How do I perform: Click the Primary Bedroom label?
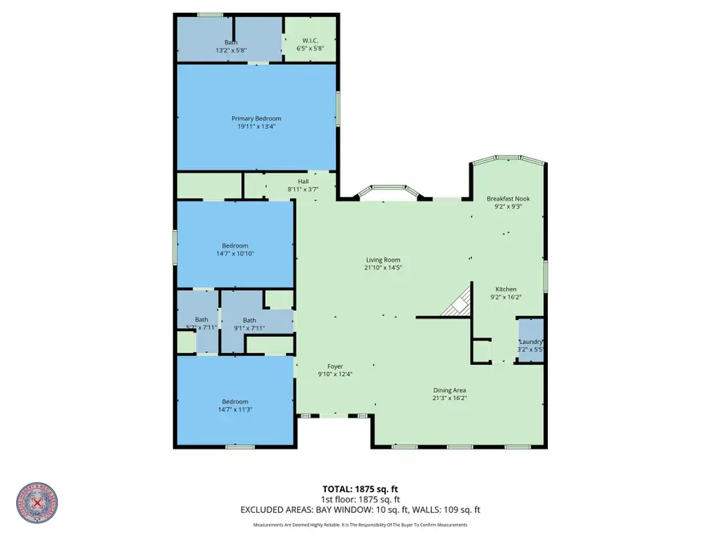[x=256, y=118]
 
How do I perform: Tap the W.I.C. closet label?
[x=311, y=42]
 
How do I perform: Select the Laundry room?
[x=529, y=340]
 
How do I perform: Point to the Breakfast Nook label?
[x=509, y=198]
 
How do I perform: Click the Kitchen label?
[x=506, y=289]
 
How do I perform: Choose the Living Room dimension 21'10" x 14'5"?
[x=383, y=268]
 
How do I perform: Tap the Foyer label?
[x=335, y=366]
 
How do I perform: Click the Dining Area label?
[x=449, y=390]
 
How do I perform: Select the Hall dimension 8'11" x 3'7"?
[x=303, y=189]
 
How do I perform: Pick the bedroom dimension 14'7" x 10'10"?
[x=235, y=254]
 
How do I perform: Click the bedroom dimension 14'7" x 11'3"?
[x=235, y=410]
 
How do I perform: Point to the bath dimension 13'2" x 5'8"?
[x=231, y=50]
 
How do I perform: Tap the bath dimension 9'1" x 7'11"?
[x=249, y=327]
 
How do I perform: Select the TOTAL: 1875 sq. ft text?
[x=360, y=488]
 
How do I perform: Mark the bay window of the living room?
[x=388, y=192]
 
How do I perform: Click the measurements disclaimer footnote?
[x=360, y=525]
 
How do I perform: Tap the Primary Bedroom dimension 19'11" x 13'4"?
[x=256, y=126]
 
